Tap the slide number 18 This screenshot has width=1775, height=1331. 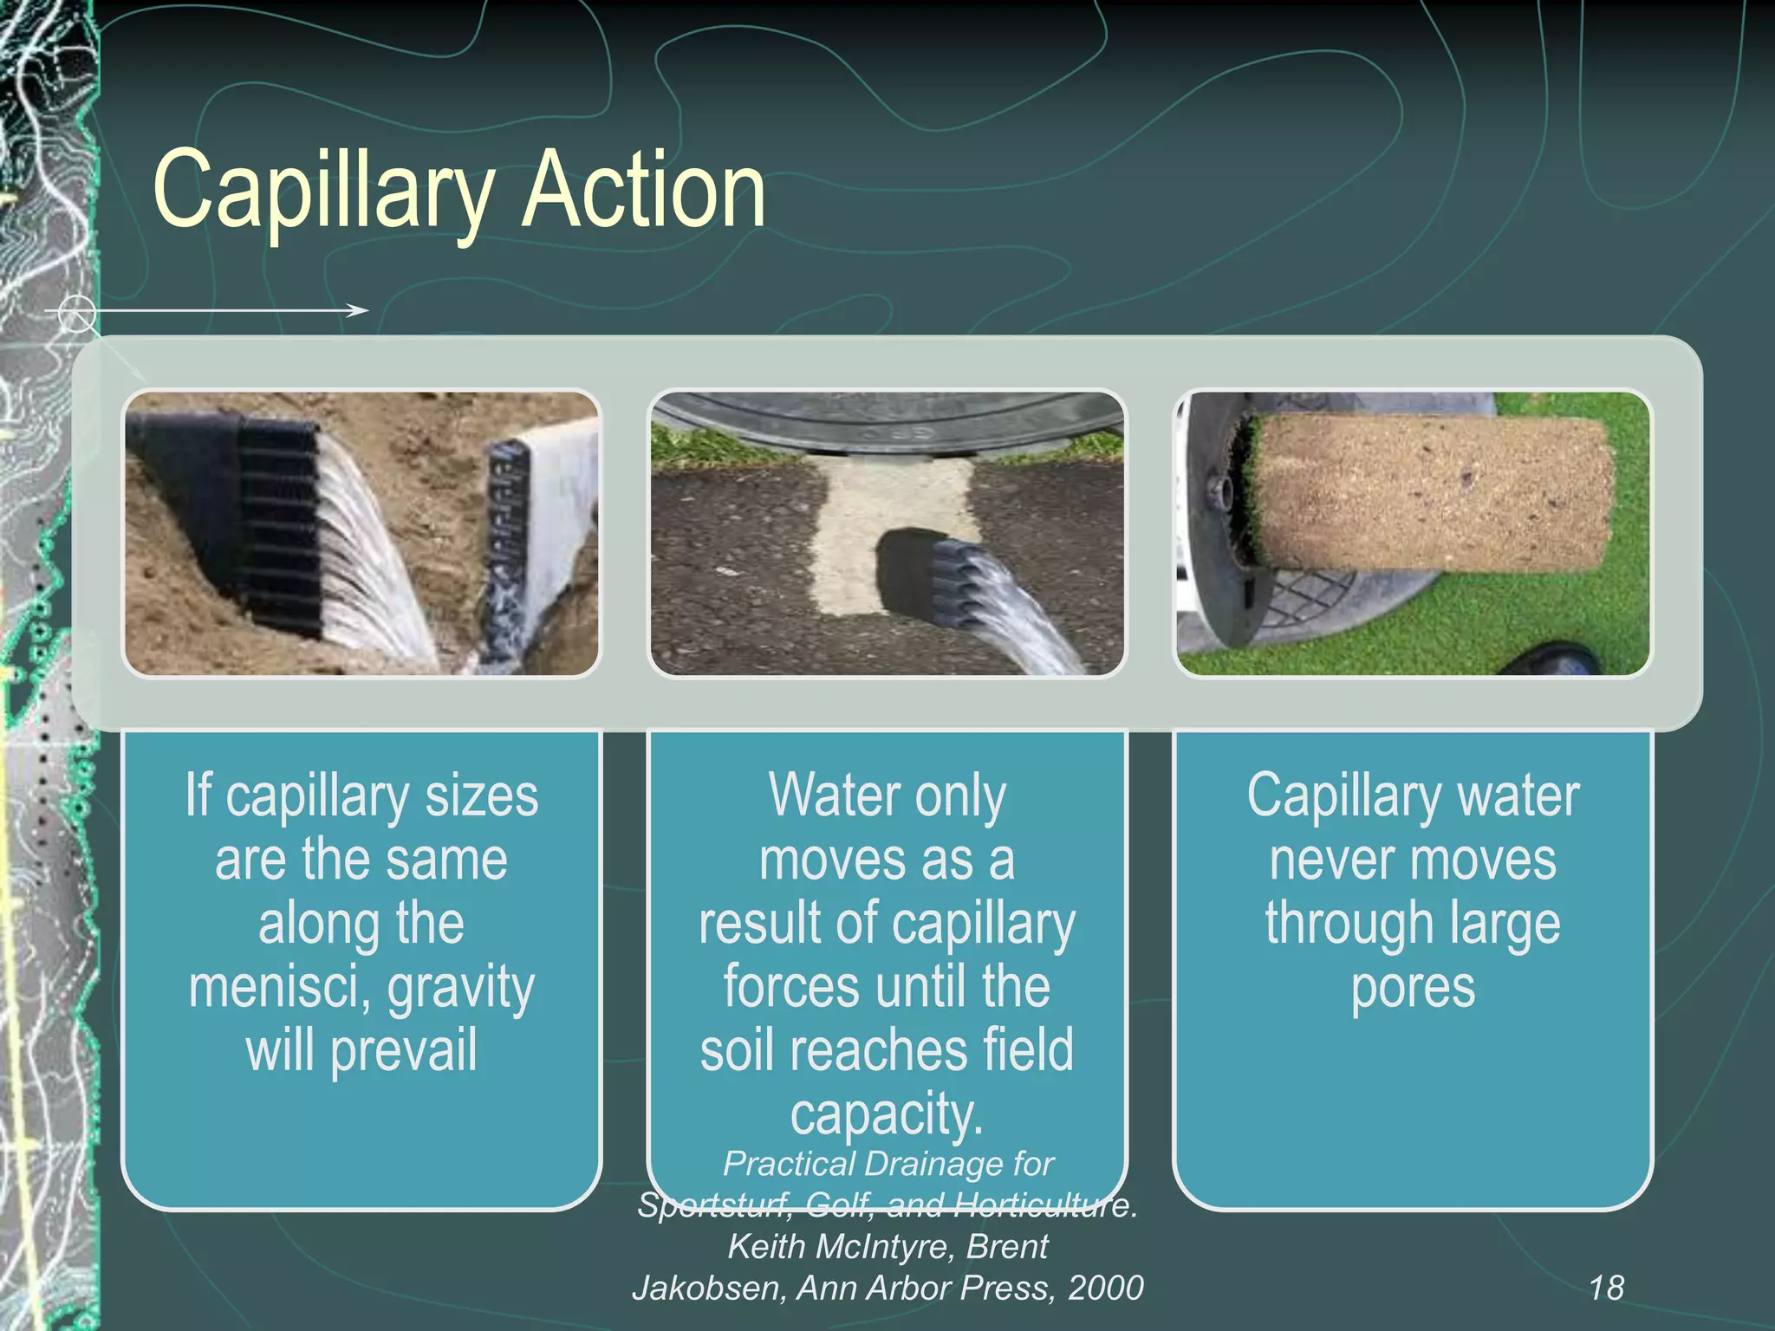1606,1288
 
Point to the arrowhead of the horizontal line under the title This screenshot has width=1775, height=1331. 358,310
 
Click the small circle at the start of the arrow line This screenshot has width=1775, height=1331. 77,311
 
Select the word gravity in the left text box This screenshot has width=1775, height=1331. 461,989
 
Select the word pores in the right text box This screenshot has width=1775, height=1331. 1413,989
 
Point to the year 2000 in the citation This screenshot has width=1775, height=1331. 1105,1289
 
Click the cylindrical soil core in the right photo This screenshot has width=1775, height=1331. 1430,491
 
